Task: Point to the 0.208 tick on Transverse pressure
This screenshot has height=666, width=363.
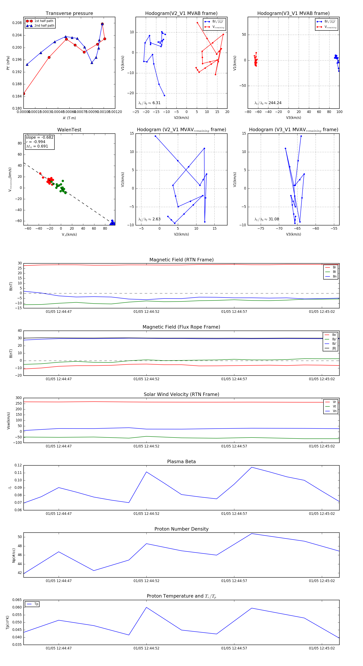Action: [x=17, y=23]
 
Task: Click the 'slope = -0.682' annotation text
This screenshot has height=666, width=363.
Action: [x=40, y=137]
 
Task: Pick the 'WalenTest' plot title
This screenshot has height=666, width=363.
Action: [x=69, y=130]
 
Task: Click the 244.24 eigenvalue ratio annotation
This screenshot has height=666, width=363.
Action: [x=275, y=103]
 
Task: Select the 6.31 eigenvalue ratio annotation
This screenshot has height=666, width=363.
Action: [x=156, y=103]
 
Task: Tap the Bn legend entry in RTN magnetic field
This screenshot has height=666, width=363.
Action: [x=334, y=276]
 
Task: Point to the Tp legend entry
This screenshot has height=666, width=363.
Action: [x=36, y=604]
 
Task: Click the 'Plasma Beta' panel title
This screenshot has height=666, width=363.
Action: [x=181, y=462]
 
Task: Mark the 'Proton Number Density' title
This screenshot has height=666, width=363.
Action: [x=181, y=529]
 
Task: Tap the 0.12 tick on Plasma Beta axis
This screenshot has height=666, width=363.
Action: [x=18, y=465]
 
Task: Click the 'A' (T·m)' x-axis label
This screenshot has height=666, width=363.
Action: [x=69, y=118]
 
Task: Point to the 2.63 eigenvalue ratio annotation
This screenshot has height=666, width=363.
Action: [x=156, y=219]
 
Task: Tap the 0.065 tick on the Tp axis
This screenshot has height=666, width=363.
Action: [x=17, y=600]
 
